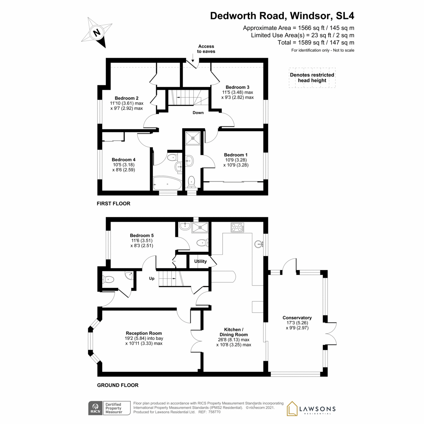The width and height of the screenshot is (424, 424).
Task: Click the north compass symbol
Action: click(97, 33)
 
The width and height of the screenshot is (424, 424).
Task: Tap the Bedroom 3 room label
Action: click(237, 87)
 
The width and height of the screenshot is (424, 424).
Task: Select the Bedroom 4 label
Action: click(124, 160)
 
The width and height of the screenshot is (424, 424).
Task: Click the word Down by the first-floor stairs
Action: click(198, 113)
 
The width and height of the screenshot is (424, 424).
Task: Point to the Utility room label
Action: click(200, 261)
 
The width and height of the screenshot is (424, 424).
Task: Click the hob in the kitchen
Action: click(237, 227)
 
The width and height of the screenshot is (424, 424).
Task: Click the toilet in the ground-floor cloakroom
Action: click(108, 279)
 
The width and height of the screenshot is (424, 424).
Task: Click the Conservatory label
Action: click(297, 318)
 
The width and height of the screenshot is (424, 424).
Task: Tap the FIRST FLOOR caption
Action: click(113, 204)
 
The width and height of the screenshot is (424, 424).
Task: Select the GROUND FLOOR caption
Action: click(118, 385)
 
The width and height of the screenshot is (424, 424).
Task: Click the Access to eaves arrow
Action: click(193, 58)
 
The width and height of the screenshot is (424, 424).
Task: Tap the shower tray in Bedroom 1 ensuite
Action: click(193, 137)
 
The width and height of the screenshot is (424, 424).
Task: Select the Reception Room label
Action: click(144, 333)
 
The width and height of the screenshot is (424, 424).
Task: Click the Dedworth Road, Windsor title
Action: click(282, 16)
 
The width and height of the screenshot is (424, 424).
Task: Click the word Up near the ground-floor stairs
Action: click(152, 278)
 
